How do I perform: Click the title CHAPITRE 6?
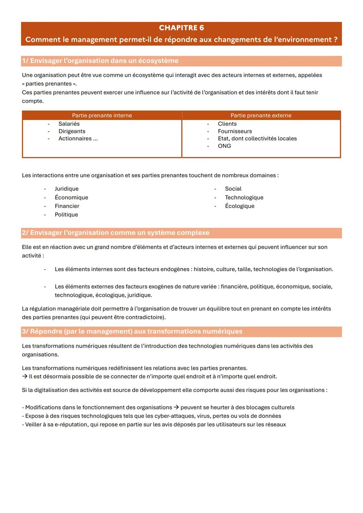coord(181,28)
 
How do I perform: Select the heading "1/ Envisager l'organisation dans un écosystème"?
coord(100,61)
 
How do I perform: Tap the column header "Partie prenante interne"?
coord(102,116)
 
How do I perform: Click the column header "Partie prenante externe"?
coord(261,116)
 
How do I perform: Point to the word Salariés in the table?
coord(69,124)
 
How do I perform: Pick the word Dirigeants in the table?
coord(72,131)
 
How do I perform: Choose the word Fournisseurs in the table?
coord(235,131)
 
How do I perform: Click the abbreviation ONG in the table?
coord(224,146)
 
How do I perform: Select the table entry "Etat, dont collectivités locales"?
coord(257,139)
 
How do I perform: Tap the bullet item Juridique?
coord(67,189)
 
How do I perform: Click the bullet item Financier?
coord(67,206)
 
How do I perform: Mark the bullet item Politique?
coord(66,215)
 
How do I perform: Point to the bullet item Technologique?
coord(244,198)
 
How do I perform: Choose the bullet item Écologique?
coord(240,206)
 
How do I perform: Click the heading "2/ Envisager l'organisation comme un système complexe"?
coord(116,233)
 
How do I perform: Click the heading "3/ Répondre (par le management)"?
coord(132,332)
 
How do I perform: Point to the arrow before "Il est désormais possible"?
coord(25,377)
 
